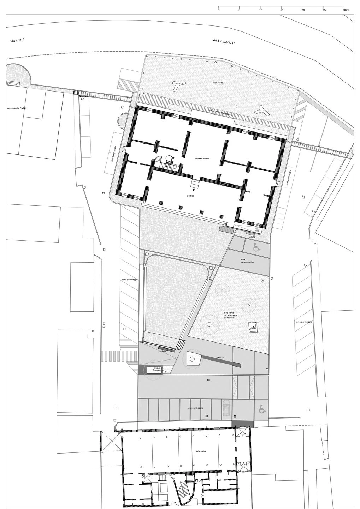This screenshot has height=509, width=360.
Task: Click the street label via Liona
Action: tap(18, 41)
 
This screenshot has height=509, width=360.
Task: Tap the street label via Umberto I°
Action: tap(224, 42)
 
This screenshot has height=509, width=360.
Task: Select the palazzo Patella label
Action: tap(202, 159)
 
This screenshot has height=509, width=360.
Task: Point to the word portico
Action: tap(190, 195)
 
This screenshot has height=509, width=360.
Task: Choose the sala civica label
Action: tap(201, 451)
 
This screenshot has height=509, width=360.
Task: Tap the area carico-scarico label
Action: tap(248, 261)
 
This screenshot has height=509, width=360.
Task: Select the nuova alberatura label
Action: tap(157, 369)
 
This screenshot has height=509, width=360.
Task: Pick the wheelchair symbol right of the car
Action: tap(262, 409)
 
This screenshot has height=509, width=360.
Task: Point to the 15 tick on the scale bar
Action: tap(282, 7)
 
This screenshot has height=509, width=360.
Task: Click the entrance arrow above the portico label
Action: tap(193, 190)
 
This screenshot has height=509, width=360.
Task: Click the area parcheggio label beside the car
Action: tap(195, 408)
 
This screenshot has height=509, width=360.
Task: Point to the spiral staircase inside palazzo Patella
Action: tap(169, 159)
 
